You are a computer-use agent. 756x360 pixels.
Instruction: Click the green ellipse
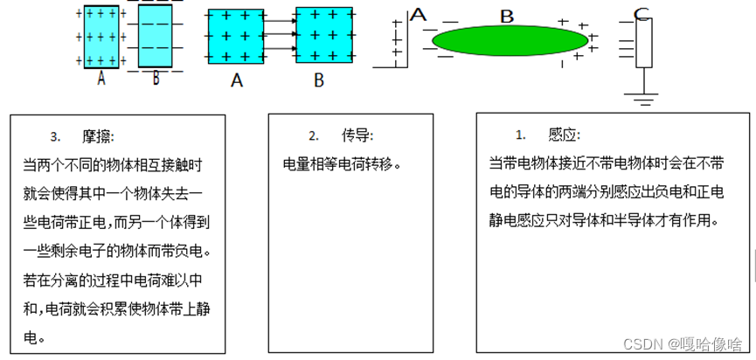(x=511, y=40)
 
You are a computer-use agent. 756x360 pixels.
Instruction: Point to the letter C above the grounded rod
(x=642, y=12)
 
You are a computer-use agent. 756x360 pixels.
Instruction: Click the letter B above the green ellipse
(x=507, y=16)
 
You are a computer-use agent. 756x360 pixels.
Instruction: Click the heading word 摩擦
(x=98, y=137)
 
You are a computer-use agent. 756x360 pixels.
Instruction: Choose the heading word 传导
(x=357, y=136)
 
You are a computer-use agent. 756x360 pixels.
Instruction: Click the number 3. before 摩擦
(x=55, y=137)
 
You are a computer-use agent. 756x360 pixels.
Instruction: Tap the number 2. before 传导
(x=314, y=136)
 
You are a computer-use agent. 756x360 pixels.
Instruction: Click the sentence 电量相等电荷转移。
(x=341, y=163)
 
